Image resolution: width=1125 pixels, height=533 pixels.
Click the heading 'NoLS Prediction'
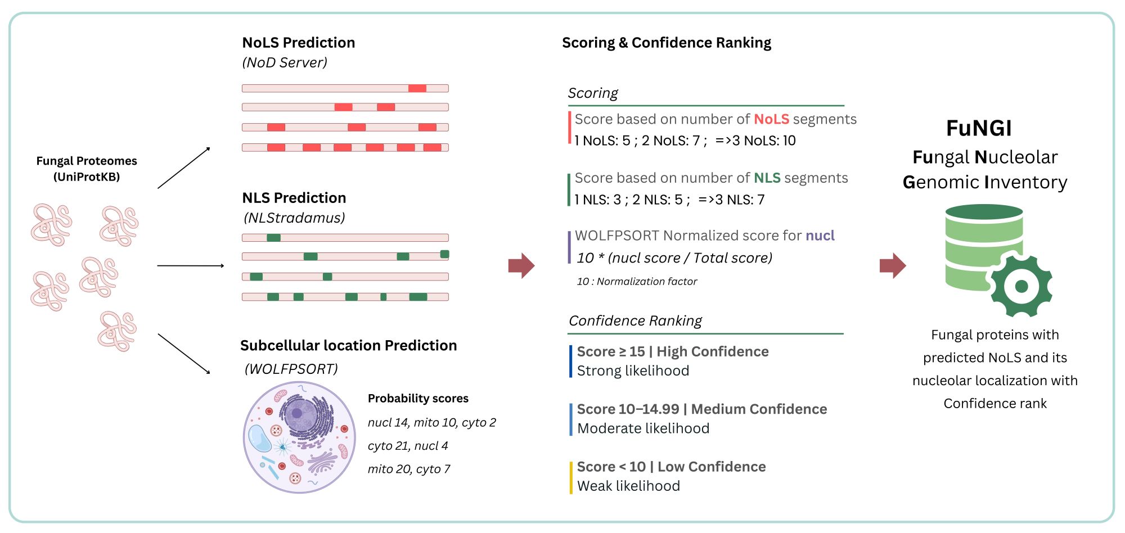298,43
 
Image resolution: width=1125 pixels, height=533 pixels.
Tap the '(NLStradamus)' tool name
294,218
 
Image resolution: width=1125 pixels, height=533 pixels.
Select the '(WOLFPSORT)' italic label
291,369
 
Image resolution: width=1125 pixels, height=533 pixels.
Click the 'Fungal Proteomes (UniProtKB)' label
87,169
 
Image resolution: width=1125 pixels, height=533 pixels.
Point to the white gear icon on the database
1021,286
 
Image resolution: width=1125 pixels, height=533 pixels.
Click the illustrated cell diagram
299,437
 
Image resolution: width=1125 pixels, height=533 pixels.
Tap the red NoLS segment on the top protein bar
417,88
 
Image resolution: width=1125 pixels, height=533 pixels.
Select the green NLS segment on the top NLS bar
273,238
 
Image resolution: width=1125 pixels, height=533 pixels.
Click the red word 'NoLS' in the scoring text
771,119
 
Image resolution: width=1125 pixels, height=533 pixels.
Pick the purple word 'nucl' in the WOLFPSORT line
820,236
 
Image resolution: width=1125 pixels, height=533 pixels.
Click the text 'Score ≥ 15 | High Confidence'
672,351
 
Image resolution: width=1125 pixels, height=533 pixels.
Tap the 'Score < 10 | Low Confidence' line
671,467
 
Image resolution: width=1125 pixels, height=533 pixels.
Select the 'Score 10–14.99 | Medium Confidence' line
701,409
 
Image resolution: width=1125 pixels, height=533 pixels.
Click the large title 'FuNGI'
978,128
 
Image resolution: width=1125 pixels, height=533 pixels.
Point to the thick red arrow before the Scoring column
521,265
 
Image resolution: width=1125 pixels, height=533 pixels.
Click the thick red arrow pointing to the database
892,265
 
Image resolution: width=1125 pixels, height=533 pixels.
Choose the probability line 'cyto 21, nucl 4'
407,446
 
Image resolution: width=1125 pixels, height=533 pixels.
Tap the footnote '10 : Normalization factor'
636,281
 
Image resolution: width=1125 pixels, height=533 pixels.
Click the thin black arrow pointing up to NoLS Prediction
183,168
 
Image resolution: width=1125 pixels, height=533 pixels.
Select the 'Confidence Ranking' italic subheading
635,320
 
